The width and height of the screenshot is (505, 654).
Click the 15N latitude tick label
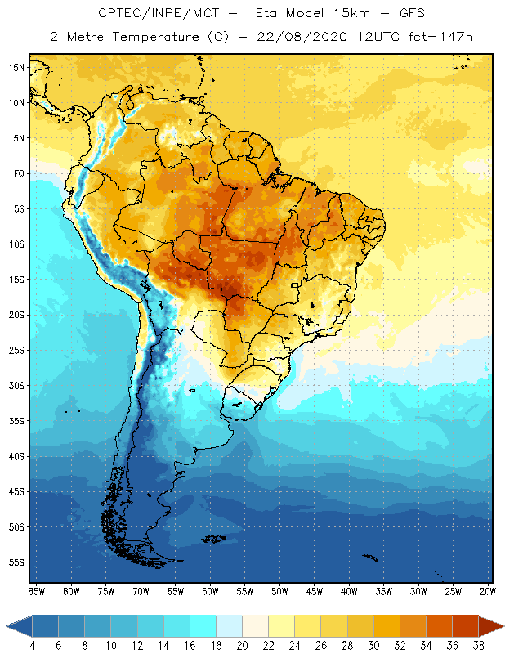(16, 67)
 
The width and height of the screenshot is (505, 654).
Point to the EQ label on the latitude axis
(18, 173)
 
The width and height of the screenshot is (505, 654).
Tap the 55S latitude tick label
(16, 562)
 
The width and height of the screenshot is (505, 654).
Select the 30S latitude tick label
(16, 385)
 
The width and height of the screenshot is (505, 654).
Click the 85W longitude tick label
(36, 591)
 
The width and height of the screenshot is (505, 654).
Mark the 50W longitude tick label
(279, 591)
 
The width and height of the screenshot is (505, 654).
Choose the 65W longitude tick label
(175, 591)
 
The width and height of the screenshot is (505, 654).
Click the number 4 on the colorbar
(33, 645)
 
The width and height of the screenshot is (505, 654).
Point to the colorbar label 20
(242, 645)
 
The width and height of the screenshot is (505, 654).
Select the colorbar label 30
(373, 645)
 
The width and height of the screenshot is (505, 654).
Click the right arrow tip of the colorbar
(503, 626)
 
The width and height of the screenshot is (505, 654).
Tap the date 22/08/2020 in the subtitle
(304, 36)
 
